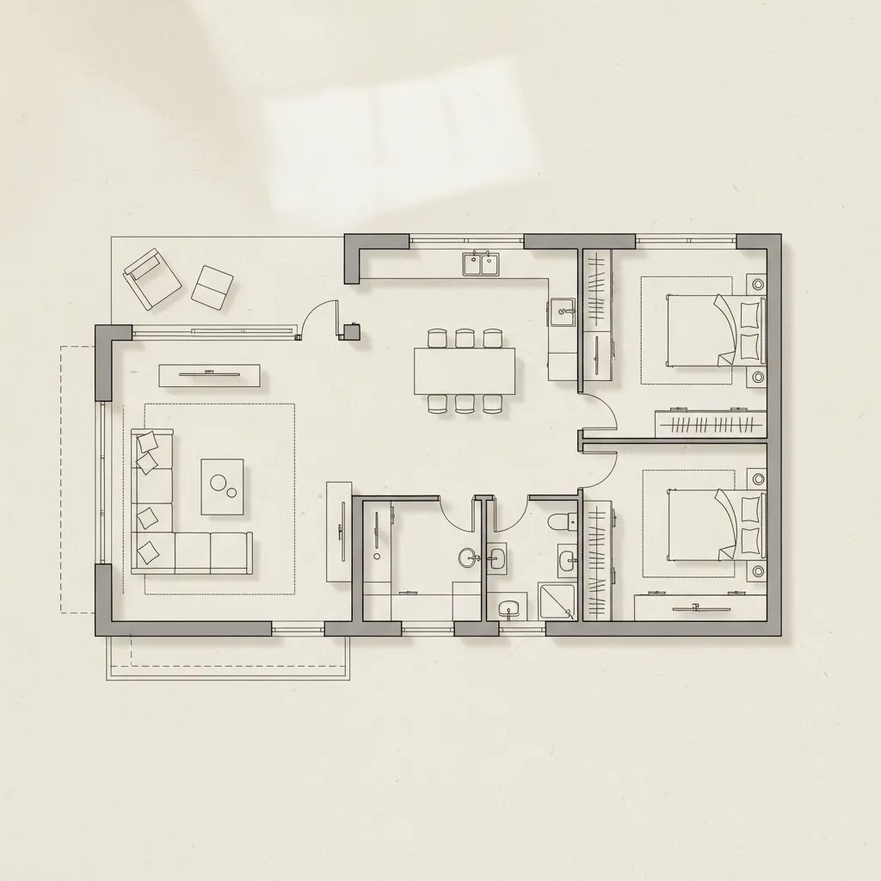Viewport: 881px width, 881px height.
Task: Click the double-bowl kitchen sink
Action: (481, 264)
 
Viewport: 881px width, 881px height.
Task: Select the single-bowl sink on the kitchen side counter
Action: (563, 311)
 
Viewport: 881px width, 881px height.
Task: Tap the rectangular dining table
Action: (465, 371)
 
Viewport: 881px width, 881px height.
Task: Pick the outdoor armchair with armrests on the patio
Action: (152, 278)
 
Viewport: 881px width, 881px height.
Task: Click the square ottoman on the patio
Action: (212, 286)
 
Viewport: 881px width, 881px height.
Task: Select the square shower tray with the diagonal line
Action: (556, 601)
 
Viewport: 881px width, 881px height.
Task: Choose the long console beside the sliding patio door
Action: (209, 374)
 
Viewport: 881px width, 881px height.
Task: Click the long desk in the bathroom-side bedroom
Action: (700, 608)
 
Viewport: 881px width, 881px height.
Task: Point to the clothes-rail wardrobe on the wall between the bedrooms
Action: (710, 423)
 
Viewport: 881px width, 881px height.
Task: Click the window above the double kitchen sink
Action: (466, 240)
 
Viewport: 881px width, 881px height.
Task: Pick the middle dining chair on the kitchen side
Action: (465, 338)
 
